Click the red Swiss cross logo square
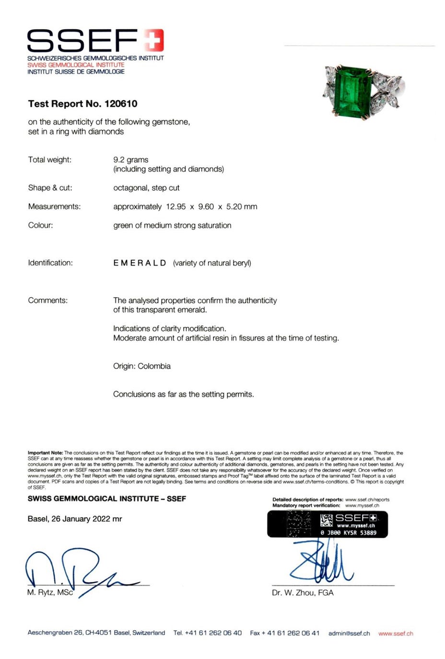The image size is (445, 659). (x=153, y=40)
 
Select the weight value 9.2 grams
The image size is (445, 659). (x=130, y=160)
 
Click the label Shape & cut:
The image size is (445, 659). (x=50, y=188)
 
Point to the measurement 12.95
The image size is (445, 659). (x=176, y=207)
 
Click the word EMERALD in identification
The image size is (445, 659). (x=140, y=263)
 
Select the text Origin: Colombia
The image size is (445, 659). (x=141, y=366)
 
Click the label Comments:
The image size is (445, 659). (x=47, y=301)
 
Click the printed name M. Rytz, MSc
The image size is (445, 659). (x=50, y=592)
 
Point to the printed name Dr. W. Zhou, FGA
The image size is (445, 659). (x=302, y=593)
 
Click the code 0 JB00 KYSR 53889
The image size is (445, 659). (x=349, y=532)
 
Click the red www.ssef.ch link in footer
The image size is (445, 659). (x=395, y=633)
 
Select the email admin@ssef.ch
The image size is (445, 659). (x=349, y=633)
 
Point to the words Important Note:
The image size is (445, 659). (x=45, y=453)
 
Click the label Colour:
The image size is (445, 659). (x=40, y=225)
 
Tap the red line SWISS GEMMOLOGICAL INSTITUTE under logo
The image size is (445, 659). (x=76, y=65)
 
